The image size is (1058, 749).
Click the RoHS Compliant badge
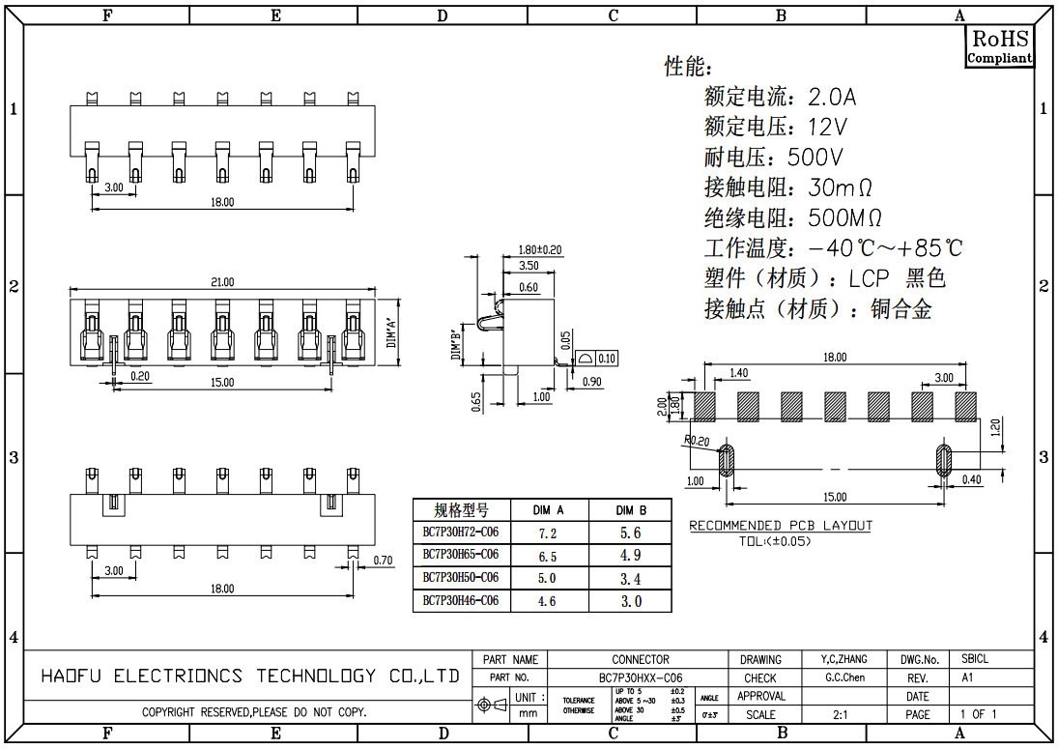pyautogui.click(x=1000, y=45)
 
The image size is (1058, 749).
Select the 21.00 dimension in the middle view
pyautogui.click(x=222, y=282)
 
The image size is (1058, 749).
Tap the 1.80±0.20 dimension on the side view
pyautogui.click(x=540, y=249)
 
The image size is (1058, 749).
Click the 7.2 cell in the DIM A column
pyautogui.click(x=547, y=533)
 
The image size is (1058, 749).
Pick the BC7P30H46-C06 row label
pyautogui.click(x=461, y=600)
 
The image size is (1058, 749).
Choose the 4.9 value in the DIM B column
pyautogui.click(x=630, y=556)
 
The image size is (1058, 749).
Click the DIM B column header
pyautogui.click(x=630, y=509)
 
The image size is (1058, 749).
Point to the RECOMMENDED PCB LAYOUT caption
pyautogui.click(x=780, y=526)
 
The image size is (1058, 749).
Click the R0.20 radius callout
pyautogui.click(x=695, y=441)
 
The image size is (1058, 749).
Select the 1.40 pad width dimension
pyautogui.click(x=738, y=373)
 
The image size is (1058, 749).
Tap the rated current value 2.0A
pyautogui.click(x=832, y=97)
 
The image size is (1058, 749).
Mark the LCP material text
pyautogui.click(x=869, y=279)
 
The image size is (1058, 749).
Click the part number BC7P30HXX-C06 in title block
pyautogui.click(x=641, y=677)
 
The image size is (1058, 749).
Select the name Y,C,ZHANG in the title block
pyautogui.click(x=844, y=659)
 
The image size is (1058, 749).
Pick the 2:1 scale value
pyautogui.click(x=841, y=714)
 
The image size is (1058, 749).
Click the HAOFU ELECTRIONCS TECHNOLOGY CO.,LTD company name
pyautogui.click(x=249, y=676)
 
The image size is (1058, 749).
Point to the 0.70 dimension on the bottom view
pyautogui.click(x=383, y=560)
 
